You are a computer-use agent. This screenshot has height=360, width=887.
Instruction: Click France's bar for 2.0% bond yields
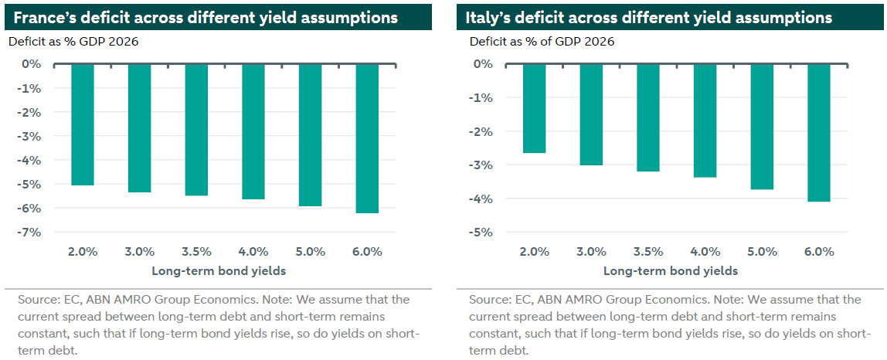pos(83,124)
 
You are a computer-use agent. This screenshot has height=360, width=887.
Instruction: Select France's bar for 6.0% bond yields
pos(367,138)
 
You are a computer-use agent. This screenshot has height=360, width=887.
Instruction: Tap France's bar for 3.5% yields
pos(196,129)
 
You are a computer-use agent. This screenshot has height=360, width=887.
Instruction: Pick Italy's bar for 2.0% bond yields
pos(535,108)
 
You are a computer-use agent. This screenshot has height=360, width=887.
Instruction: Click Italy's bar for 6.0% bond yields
pos(819,132)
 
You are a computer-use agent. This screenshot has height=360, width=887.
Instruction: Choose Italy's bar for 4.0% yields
pos(705,121)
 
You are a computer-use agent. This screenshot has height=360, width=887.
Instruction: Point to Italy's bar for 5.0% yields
pos(762,126)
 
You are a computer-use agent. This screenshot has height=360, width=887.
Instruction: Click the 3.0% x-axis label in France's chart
pos(140,252)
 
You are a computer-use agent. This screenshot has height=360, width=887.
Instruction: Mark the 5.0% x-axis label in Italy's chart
pos(762,252)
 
